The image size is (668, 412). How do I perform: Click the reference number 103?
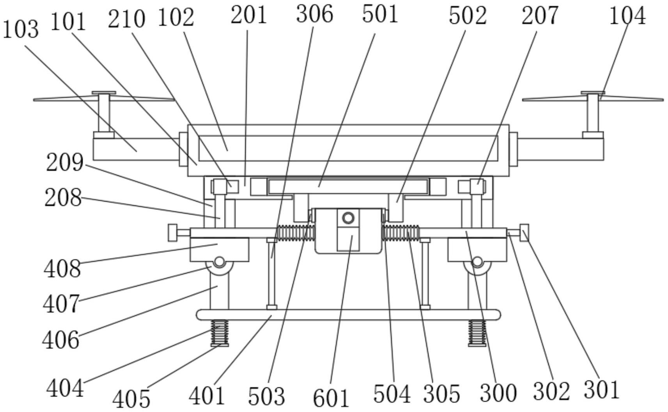pyautogui.click(x=21, y=30)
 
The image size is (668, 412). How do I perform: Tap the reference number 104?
pyautogui.click(x=627, y=16)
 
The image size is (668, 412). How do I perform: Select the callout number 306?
pyautogui.click(x=314, y=14)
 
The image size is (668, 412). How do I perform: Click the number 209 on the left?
pyautogui.click(x=64, y=163)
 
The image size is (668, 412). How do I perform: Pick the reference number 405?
pyautogui.click(x=131, y=398)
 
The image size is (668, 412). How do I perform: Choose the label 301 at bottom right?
pyautogui.click(x=601, y=389)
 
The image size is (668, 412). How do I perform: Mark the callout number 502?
pyautogui.click(x=468, y=16)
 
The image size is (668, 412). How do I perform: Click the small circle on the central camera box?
pyautogui.click(x=348, y=217)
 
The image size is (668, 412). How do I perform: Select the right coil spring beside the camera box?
pyautogui.click(x=400, y=233)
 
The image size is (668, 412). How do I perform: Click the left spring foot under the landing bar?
pyautogui.click(x=220, y=332)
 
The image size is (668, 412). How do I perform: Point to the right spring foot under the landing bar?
pyautogui.click(x=477, y=332)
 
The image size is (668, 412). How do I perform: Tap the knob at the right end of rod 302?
pyautogui.click(x=524, y=233)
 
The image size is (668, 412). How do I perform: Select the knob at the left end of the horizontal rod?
pyautogui.click(x=173, y=233)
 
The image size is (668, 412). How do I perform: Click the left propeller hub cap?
pyautogui.click(x=104, y=93)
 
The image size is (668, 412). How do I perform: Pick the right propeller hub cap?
pyautogui.click(x=593, y=93)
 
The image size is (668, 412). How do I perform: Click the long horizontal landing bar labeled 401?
pyautogui.click(x=348, y=315)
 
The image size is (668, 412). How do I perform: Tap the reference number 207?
pyautogui.click(x=540, y=16)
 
